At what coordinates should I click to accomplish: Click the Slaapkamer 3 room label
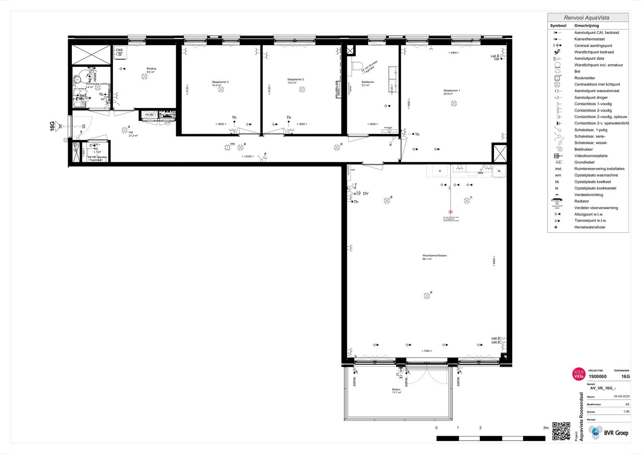(x=220, y=82)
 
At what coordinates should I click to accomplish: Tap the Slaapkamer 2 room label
(x=295, y=80)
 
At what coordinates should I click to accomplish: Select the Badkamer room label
(x=368, y=82)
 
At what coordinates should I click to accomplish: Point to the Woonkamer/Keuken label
(x=434, y=256)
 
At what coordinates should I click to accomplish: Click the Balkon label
(x=396, y=390)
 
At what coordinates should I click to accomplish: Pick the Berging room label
(x=151, y=69)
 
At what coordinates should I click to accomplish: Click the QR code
(x=561, y=431)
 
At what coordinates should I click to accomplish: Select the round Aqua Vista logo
(x=578, y=374)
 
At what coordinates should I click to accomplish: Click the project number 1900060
(x=597, y=376)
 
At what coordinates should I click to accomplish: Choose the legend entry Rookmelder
(x=584, y=78)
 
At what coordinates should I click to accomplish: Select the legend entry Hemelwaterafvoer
(x=589, y=227)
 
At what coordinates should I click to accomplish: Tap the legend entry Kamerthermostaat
(x=589, y=39)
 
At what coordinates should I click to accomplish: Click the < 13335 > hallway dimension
(x=247, y=157)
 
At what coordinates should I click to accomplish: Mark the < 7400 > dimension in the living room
(x=427, y=351)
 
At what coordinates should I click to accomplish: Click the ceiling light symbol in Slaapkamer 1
(x=454, y=103)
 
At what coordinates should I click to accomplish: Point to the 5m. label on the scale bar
(x=546, y=428)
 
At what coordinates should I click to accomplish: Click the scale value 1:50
(x=626, y=412)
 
